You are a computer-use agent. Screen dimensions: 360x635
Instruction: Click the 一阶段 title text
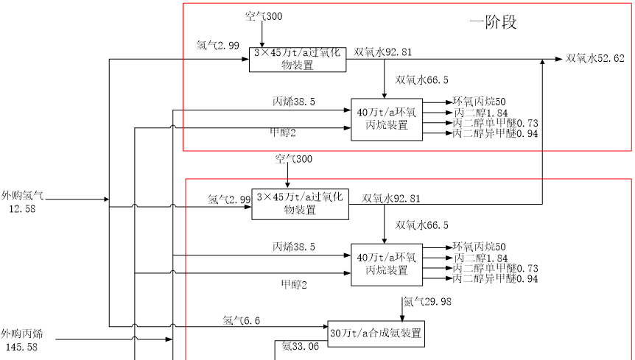493,22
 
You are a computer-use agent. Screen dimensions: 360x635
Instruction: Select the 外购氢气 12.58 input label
23,202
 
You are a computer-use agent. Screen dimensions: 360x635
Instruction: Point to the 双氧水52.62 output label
595,59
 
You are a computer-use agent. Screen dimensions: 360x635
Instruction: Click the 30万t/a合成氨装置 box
376,333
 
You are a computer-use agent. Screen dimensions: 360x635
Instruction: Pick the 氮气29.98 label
427,301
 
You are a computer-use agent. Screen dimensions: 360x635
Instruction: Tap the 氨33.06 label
301,347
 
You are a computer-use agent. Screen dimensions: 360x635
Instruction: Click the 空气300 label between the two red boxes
294,159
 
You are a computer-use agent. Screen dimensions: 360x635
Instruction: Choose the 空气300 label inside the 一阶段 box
264,15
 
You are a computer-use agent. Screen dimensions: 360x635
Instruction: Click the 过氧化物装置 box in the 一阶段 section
298,59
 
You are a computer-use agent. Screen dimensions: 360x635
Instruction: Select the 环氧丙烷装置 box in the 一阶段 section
387,119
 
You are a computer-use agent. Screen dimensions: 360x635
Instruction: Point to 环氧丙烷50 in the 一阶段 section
480,102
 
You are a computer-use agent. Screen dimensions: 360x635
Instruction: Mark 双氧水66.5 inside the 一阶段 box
422,80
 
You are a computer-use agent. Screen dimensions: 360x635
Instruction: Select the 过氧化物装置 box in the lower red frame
301,204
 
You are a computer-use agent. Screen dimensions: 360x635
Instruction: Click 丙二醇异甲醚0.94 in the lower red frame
495,279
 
